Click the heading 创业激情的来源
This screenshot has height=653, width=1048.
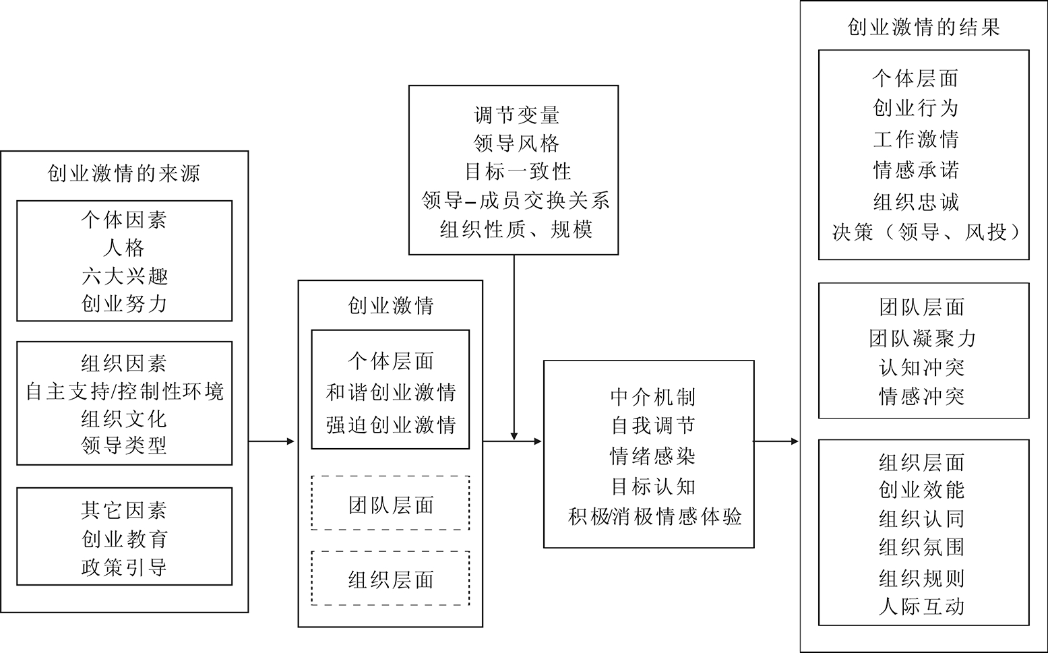124,174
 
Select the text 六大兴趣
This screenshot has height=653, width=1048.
124,276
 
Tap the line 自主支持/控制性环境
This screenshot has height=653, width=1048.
124,392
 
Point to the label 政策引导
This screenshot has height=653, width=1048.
124,567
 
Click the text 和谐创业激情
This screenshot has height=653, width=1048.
390,392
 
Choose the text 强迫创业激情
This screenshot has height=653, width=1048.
390,425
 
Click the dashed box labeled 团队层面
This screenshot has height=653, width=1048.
390,503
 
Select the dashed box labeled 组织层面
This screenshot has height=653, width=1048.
390,579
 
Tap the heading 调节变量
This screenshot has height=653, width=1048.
516,115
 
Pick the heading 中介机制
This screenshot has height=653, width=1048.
652,397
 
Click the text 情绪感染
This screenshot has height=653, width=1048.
652,456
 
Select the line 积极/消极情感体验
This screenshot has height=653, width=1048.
654,517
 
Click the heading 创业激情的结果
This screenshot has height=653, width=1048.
923,27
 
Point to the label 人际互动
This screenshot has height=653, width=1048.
921,607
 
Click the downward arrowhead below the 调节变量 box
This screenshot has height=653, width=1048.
514,436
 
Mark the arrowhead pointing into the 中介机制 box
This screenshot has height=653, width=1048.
538,442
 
